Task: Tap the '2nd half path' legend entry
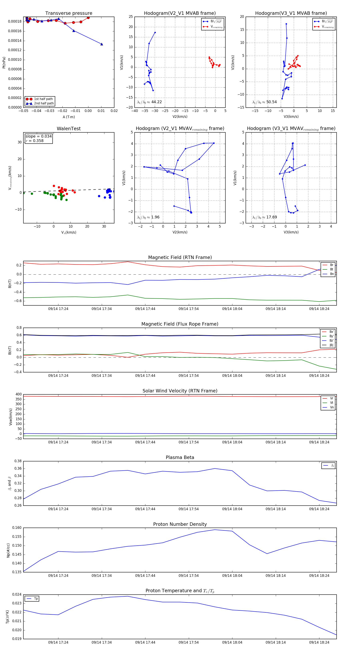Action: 44,104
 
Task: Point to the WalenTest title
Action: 69,129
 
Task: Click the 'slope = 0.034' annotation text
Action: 38,136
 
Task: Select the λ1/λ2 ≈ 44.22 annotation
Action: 149,102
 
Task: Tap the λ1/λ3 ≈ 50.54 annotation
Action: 264,102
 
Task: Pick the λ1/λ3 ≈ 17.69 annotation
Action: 264,217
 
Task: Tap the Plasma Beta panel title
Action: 180,458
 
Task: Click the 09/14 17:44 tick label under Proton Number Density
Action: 145,575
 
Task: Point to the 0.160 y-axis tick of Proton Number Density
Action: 17,528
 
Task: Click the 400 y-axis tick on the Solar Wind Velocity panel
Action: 18,394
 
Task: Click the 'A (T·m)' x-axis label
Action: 69,117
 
